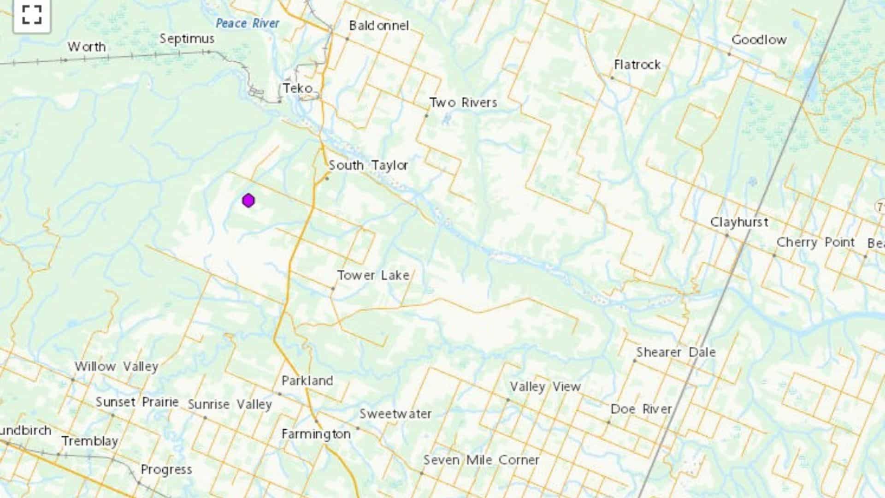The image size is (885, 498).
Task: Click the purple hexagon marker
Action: [x=248, y=201]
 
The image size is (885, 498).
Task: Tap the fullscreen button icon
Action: [x=32, y=15]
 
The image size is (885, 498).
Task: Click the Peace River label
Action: [x=248, y=23]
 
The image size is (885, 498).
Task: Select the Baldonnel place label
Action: [x=379, y=26]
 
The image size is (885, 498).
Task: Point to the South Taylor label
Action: [x=368, y=165]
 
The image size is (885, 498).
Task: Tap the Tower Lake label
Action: [x=373, y=275]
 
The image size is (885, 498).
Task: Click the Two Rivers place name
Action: [x=463, y=102]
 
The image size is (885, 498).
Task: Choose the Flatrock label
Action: [x=637, y=65]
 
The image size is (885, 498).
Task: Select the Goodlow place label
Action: [x=759, y=40]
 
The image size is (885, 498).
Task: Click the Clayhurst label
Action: [x=739, y=222]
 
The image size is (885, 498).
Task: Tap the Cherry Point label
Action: [x=815, y=242]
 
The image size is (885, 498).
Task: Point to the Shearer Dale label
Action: [x=676, y=352]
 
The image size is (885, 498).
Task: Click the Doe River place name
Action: [x=641, y=409]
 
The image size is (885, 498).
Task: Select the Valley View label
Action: [x=545, y=386]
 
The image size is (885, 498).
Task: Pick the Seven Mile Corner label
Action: [x=481, y=460]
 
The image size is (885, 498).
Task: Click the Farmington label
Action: [x=316, y=434]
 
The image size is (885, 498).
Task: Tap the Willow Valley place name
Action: [x=117, y=367]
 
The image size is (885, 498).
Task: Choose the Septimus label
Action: [x=187, y=39]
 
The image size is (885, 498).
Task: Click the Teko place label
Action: [x=298, y=88]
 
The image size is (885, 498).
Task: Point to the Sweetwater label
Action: [x=395, y=414]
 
